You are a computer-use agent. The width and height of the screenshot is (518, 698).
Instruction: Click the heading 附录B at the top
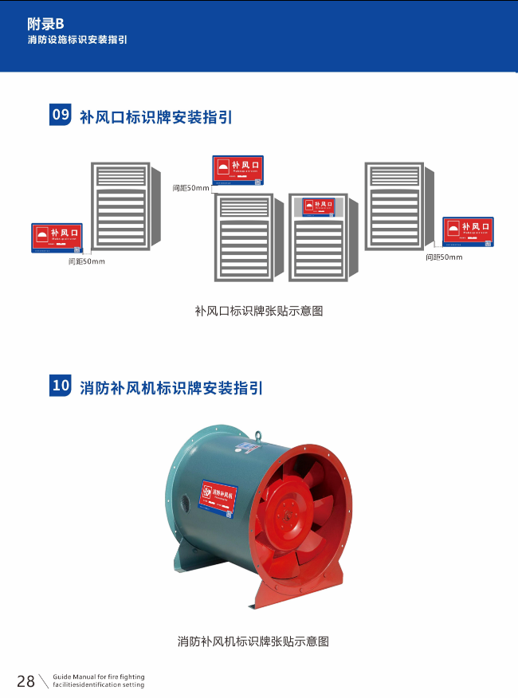click(x=45, y=24)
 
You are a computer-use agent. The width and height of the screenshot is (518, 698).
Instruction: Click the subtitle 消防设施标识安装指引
click(x=77, y=39)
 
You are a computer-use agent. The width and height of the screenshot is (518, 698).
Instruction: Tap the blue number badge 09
click(x=61, y=115)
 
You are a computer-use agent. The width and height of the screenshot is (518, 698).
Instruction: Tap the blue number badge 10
click(x=61, y=386)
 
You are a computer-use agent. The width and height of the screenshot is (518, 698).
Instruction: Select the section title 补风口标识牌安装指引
click(x=156, y=117)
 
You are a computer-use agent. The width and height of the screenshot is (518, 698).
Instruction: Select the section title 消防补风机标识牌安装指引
click(x=171, y=388)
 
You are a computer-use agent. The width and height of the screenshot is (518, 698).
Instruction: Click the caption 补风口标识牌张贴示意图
click(x=259, y=311)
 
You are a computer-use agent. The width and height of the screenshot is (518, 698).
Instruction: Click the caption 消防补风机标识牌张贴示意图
click(x=253, y=641)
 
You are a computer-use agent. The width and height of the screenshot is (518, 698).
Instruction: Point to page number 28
click(x=26, y=680)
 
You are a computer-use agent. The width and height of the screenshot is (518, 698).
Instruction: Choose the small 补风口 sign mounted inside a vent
click(x=318, y=206)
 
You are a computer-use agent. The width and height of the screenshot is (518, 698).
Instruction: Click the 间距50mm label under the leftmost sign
click(x=87, y=261)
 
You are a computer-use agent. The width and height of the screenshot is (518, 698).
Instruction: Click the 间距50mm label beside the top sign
click(x=190, y=188)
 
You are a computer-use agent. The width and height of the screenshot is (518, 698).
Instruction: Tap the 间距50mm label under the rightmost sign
click(x=444, y=257)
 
